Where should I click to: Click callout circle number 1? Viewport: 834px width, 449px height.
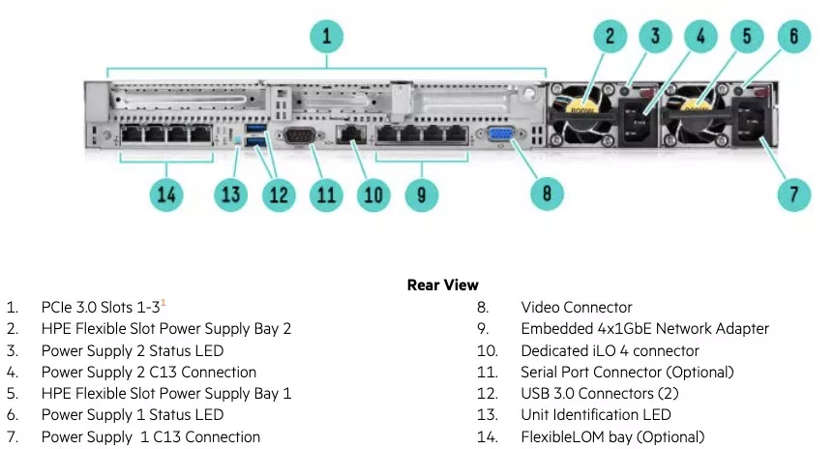click(x=327, y=37)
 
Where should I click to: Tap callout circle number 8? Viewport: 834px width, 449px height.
click(x=547, y=194)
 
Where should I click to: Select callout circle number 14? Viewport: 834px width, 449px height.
click(x=168, y=195)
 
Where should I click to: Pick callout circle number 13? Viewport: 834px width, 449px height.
click(x=230, y=195)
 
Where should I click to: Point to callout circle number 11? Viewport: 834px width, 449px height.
click(x=326, y=195)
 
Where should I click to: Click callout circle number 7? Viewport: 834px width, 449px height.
click(x=794, y=194)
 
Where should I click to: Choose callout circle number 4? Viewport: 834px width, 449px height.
click(x=701, y=37)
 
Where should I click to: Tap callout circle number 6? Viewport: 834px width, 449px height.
click(x=794, y=37)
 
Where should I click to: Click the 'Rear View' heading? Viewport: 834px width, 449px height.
click(x=442, y=284)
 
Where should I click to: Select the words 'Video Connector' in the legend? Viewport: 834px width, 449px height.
click(x=576, y=307)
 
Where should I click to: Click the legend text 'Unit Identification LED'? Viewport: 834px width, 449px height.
click(x=596, y=415)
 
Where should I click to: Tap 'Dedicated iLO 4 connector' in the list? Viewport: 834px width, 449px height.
click(x=610, y=350)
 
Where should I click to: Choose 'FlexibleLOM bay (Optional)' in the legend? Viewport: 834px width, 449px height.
click(x=612, y=436)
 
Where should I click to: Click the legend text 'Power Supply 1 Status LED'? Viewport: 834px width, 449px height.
click(x=132, y=415)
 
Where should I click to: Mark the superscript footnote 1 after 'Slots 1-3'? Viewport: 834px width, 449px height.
click(x=164, y=303)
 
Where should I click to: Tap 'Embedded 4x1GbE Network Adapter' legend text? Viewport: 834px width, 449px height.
click(x=644, y=329)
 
